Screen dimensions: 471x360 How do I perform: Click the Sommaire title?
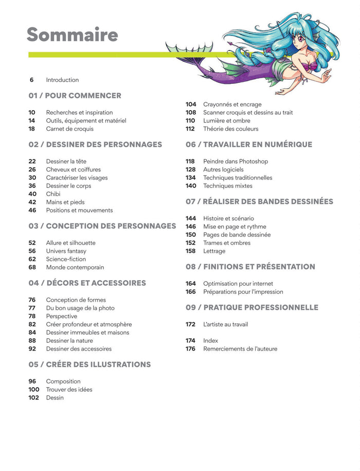point(73,35)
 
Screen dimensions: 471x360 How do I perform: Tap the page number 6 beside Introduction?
point(32,80)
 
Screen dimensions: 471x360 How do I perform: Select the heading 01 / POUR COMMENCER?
point(75,96)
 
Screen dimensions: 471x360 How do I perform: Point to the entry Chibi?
point(53,194)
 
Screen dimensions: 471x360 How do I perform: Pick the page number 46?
point(32,210)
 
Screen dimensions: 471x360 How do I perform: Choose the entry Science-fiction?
point(66,259)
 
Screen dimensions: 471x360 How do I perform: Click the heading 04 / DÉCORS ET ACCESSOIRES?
point(87,283)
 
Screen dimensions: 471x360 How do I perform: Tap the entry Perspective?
point(62,316)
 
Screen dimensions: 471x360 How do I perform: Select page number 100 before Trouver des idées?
point(34,390)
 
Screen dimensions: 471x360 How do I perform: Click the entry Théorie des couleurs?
point(231,129)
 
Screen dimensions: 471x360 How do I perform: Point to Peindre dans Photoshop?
point(236,161)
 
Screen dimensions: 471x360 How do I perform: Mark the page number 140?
point(191,186)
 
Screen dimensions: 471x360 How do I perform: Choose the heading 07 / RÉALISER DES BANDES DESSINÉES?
point(259,202)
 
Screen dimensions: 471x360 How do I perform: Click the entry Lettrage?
point(214,251)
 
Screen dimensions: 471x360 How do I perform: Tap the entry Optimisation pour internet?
point(238,284)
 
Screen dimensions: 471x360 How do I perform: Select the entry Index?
point(211,341)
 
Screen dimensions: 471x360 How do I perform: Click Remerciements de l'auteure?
point(240,349)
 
